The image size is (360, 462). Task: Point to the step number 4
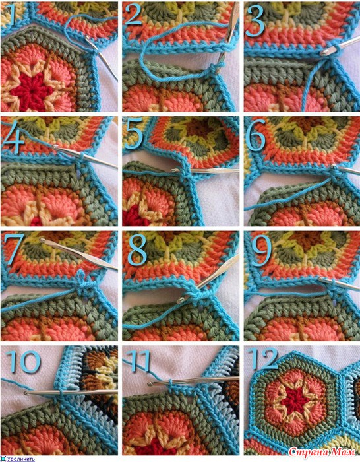(x=13, y=137)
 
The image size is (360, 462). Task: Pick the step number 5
(x=134, y=134)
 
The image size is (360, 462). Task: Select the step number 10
(x=23, y=362)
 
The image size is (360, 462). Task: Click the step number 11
(x=138, y=360)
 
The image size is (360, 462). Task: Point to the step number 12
(x=263, y=358)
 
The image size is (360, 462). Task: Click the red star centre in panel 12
(x=292, y=401)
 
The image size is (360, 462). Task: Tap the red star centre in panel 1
(x=31, y=88)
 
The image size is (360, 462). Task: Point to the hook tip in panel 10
(x=26, y=393)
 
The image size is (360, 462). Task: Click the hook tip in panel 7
(x=42, y=240)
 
